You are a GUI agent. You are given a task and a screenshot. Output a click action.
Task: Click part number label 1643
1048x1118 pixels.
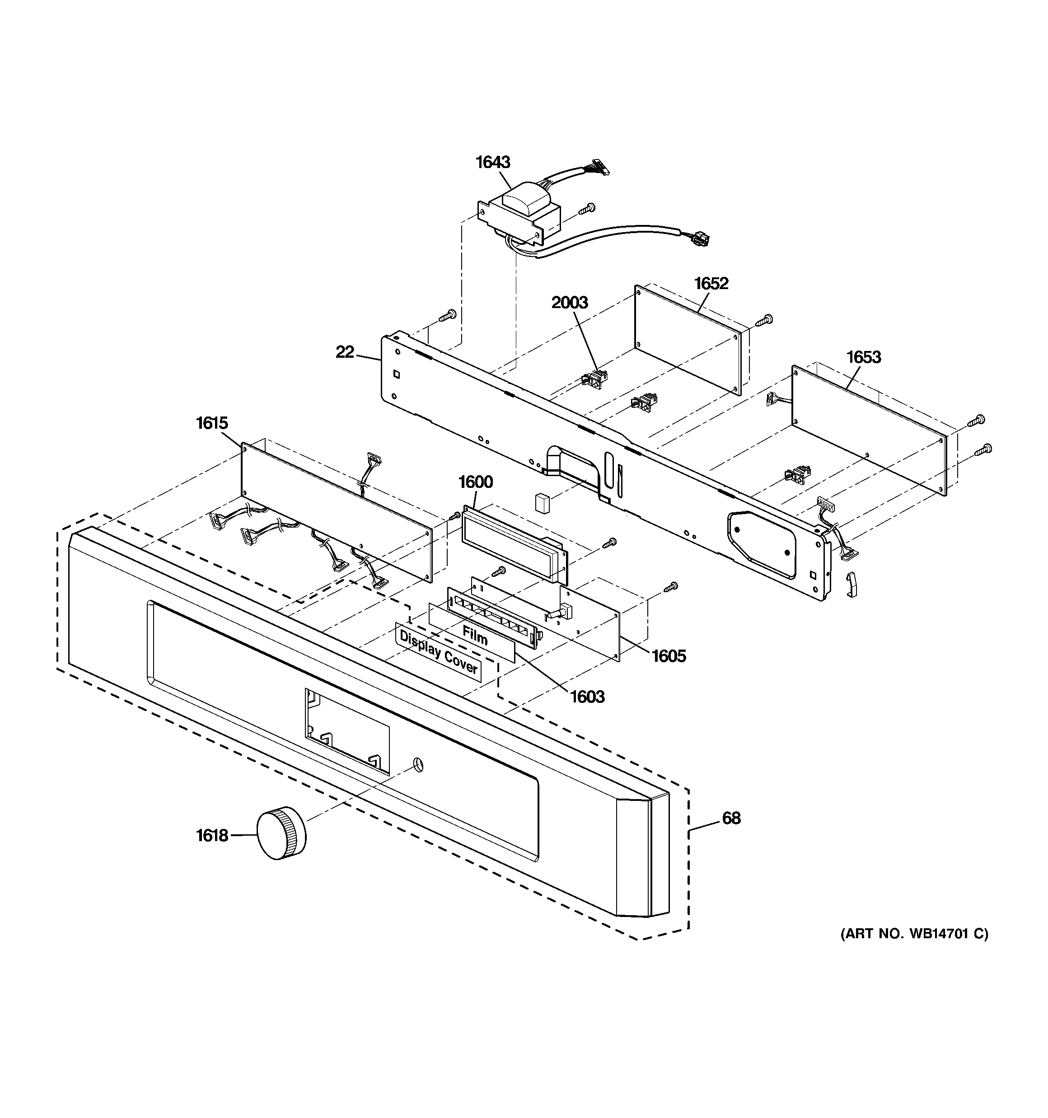(x=493, y=162)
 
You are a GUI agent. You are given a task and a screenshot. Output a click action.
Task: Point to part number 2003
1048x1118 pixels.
(x=569, y=303)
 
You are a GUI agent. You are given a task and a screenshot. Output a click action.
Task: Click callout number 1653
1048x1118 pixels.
(x=864, y=357)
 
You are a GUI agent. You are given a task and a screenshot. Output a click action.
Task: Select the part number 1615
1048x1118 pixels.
(x=212, y=423)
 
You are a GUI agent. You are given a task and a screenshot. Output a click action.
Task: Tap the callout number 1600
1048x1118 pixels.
(x=475, y=482)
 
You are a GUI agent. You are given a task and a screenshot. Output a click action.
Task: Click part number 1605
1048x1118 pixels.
(x=669, y=656)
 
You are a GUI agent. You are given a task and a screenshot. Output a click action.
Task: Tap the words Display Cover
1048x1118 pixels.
(x=438, y=652)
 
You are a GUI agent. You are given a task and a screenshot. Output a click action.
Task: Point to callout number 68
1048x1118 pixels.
(x=731, y=818)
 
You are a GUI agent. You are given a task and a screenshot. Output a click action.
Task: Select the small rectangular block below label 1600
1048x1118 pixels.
(x=542, y=503)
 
